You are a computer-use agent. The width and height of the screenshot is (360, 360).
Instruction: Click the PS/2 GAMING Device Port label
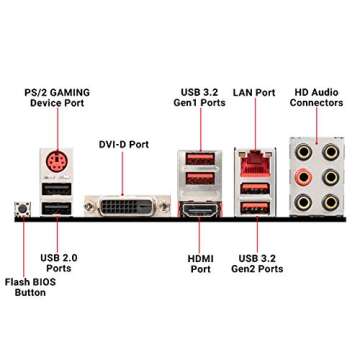[x=57, y=98]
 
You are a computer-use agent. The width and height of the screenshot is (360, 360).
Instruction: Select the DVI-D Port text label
[x=124, y=144]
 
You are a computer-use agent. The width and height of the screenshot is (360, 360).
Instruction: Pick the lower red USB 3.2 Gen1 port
[x=195, y=183]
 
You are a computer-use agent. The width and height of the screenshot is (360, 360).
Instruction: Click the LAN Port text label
[x=254, y=93]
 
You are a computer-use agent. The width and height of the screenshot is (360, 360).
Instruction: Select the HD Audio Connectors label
[x=316, y=98]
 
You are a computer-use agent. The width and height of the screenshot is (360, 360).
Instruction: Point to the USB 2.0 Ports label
[x=59, y=263]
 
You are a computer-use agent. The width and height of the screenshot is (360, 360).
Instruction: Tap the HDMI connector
[x=195, y=212]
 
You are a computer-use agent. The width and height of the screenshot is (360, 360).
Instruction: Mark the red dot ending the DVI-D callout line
[x=124, y=194]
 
